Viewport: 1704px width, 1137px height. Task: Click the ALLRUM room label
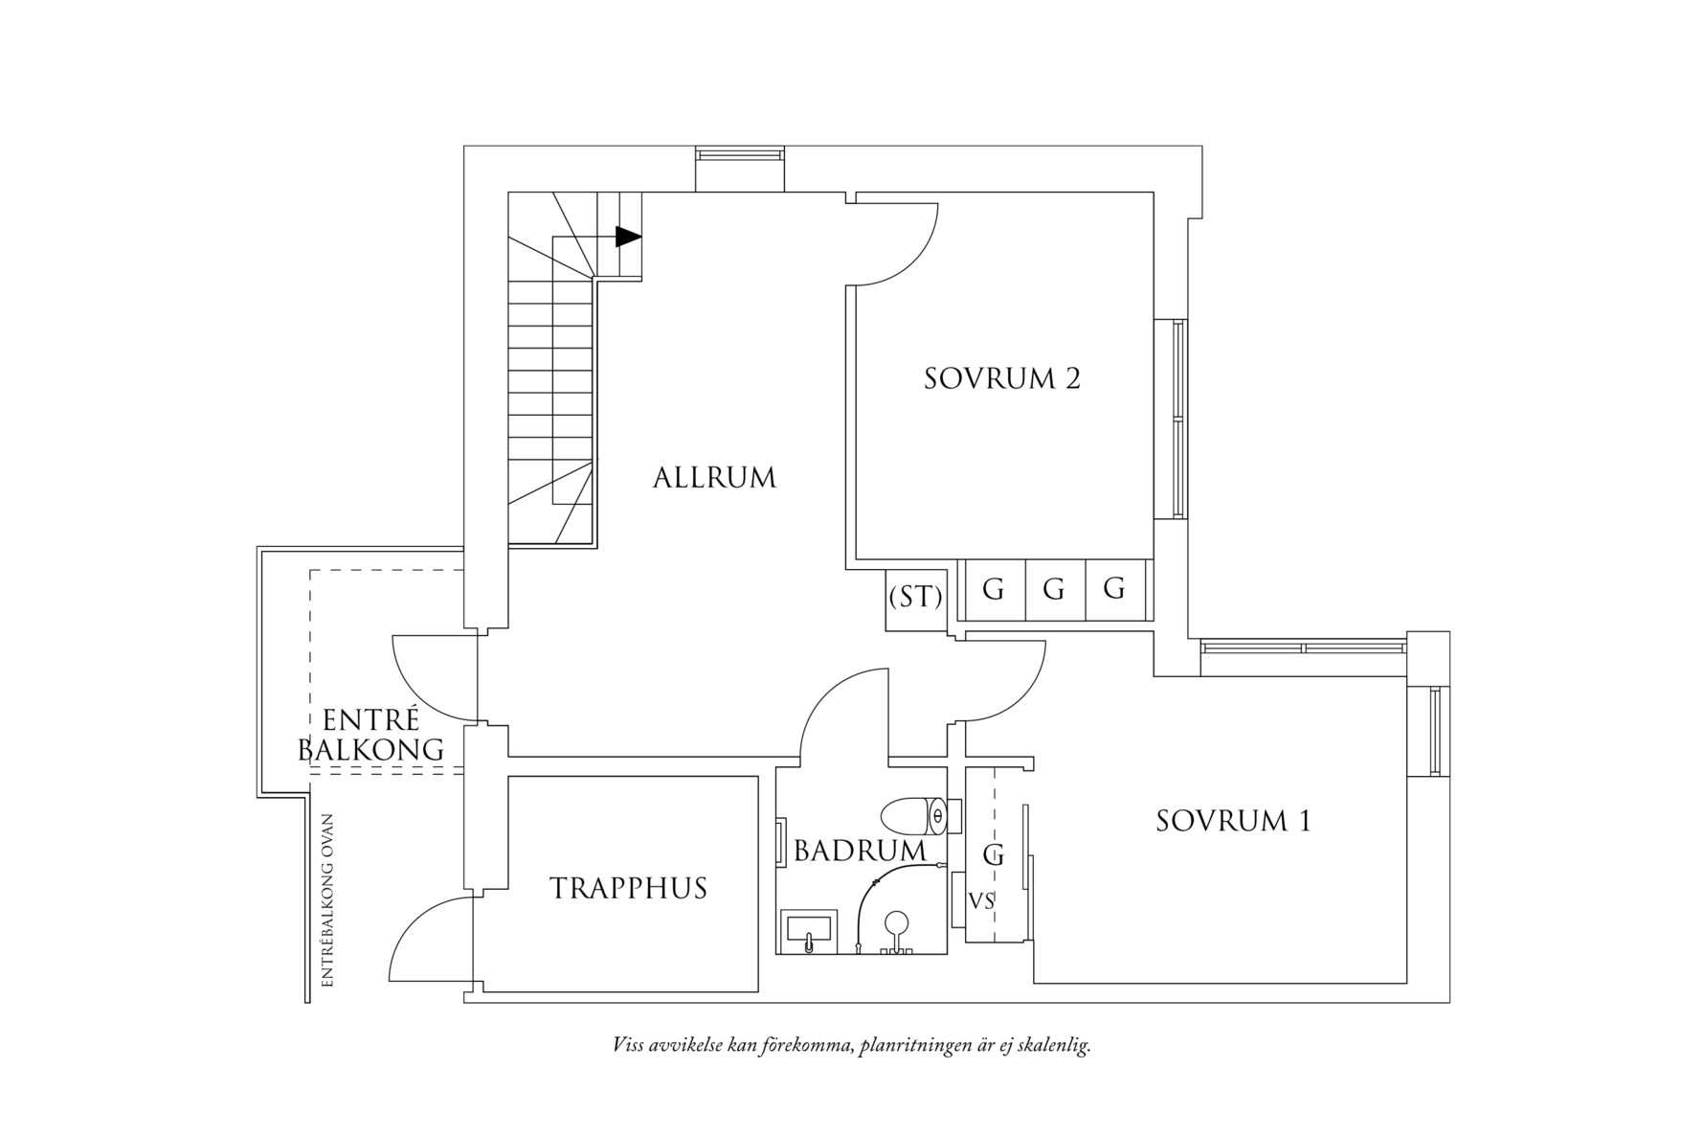click(714, 477)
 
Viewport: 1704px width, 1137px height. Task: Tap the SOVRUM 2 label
click(1001, 378)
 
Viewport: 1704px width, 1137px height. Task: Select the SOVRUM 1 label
click(1233, 821)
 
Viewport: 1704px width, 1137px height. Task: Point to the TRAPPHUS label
click(628, 888)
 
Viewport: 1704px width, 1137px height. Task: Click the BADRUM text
click(860, 851)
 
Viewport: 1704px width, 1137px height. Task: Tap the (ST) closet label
click(915, 597)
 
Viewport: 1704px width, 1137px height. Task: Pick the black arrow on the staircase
click(628, 237)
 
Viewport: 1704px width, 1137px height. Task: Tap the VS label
click(981, 901)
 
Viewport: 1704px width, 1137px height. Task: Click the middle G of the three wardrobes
click(1054, 589)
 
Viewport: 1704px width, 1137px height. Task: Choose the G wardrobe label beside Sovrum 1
click(994, 855)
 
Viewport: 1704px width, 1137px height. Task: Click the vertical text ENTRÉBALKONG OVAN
click(327, 899)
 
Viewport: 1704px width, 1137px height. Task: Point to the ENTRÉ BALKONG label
click(371, 735)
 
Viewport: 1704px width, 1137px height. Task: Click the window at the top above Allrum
click(739, 153)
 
